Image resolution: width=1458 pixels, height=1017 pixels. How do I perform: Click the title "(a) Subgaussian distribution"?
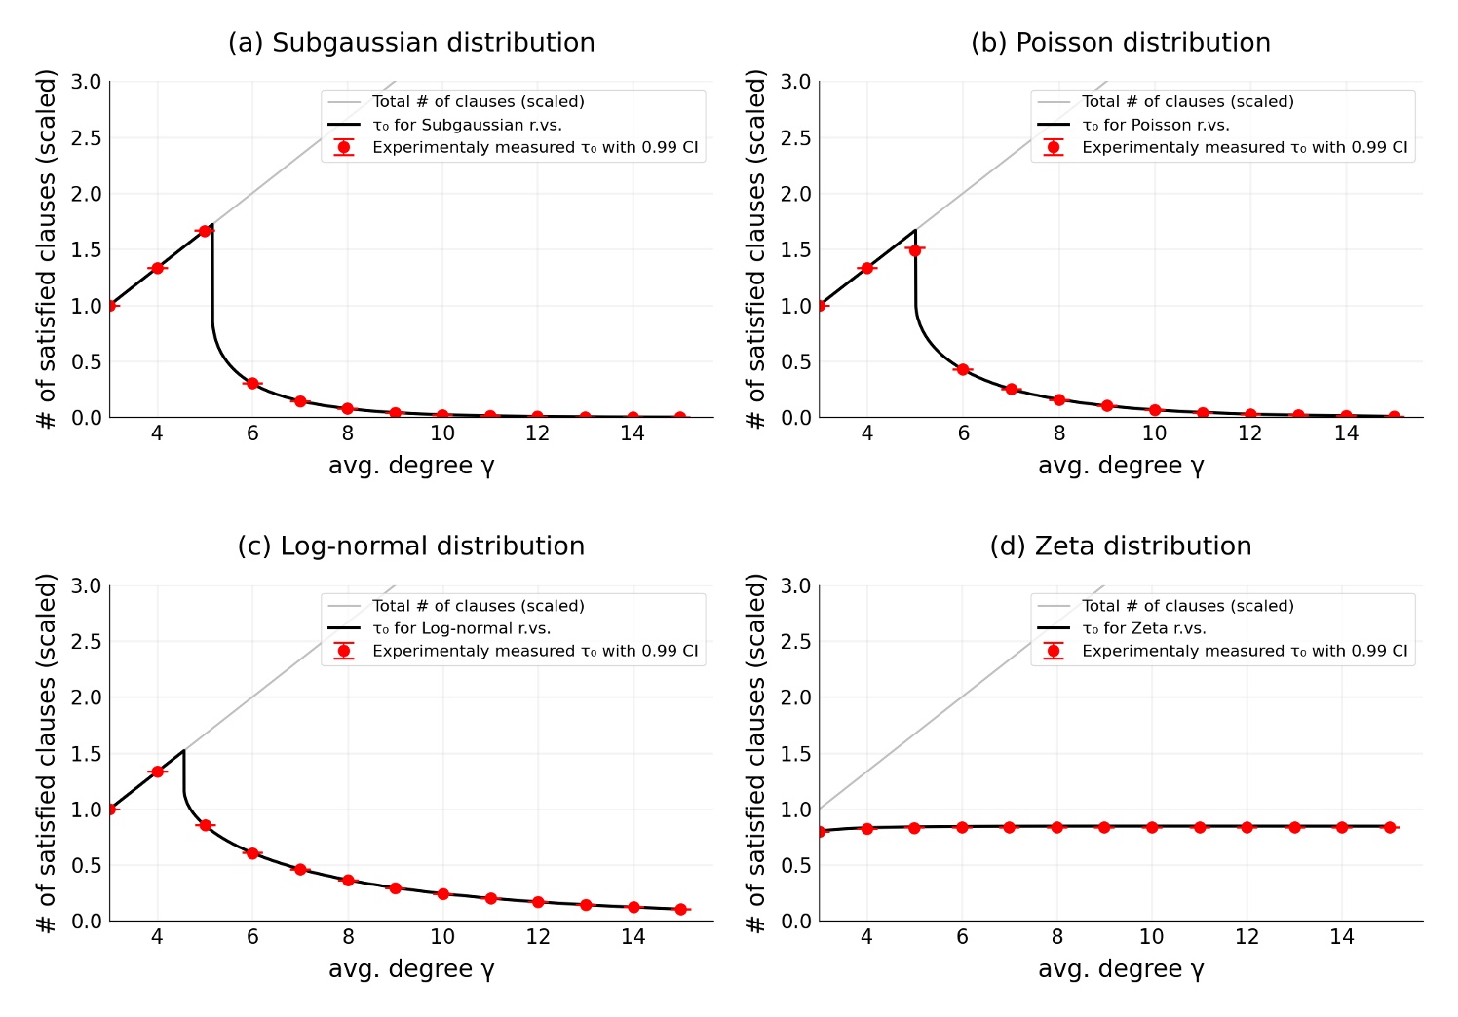click(x=411, y=43)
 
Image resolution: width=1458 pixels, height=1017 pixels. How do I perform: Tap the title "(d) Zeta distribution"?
click(x=1120, y=546)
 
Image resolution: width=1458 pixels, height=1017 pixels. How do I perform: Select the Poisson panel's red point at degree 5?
click(x=914, y=250)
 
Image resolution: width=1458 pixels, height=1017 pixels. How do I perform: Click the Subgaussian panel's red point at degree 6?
click(x=252, y=384)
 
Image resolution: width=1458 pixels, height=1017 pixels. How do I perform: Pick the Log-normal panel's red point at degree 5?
click(x=205, y=825)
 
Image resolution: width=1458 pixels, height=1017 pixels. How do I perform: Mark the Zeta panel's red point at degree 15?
click(x=1390, y=827)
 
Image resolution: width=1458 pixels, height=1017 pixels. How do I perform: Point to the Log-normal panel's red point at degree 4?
click(x=157, y=772)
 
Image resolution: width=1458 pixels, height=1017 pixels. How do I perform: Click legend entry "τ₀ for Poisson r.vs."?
click(x=1155, y=125)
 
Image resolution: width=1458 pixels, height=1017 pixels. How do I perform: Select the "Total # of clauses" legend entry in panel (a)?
click(x=478, y=101)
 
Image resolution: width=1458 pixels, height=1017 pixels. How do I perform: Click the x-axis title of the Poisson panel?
click(x=1121, y=466)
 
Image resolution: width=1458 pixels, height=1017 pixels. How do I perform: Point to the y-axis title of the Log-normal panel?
click(x=47, y=753)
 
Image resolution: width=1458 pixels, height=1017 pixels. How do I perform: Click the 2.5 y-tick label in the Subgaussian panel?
click(x=87, y=137)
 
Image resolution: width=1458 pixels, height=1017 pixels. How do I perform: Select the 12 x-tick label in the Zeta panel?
click(x=1247, y=937)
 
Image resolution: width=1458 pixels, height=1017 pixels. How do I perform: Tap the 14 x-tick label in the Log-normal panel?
click(x=633, y=937)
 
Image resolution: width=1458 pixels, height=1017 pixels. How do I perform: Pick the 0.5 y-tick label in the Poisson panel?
click(x=796, y=361)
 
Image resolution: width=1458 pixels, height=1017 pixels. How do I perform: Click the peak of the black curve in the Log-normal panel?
click(x=183, y=751)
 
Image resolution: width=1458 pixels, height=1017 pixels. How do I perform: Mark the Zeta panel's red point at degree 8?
click(x=1056, y=827)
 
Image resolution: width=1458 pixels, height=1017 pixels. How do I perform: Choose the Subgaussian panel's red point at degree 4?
click(x=157, y=268)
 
